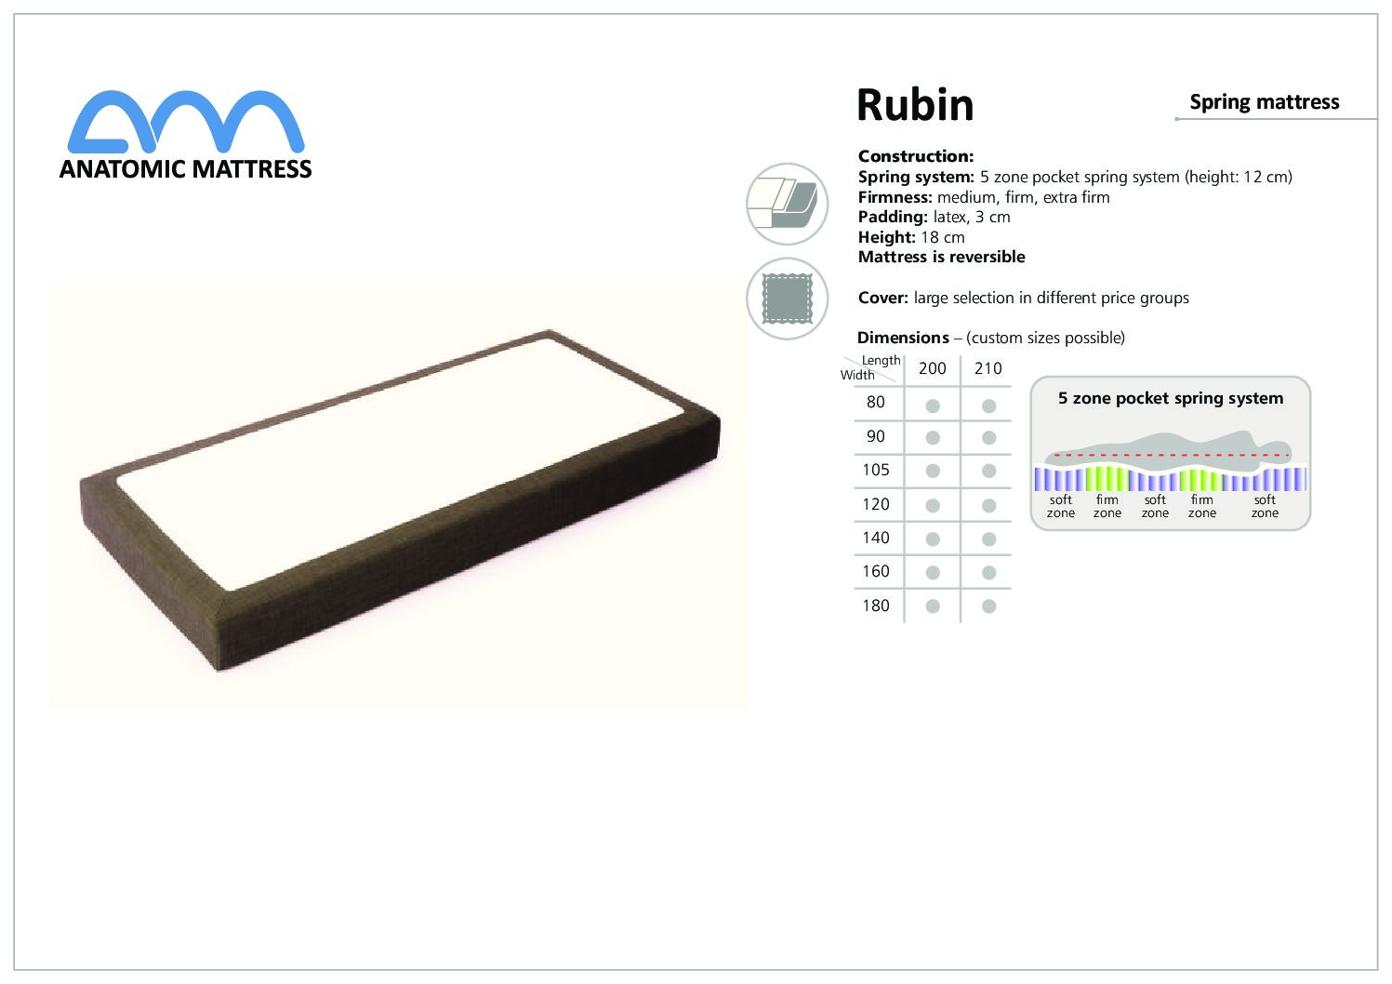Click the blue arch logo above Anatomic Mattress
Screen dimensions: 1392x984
coord(186,121)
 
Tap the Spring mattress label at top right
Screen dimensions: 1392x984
coord(1264,102)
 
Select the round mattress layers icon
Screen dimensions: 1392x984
coord(787,204)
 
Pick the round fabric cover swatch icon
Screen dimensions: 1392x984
coord(787,299)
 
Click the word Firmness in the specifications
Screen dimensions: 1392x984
coord(895,197)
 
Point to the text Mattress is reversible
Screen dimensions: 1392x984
coord(941,257)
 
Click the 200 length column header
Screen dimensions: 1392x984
coord(932,368)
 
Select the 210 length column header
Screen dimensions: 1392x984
coord(988,368)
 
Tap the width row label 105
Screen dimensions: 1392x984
coord(876,470)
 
